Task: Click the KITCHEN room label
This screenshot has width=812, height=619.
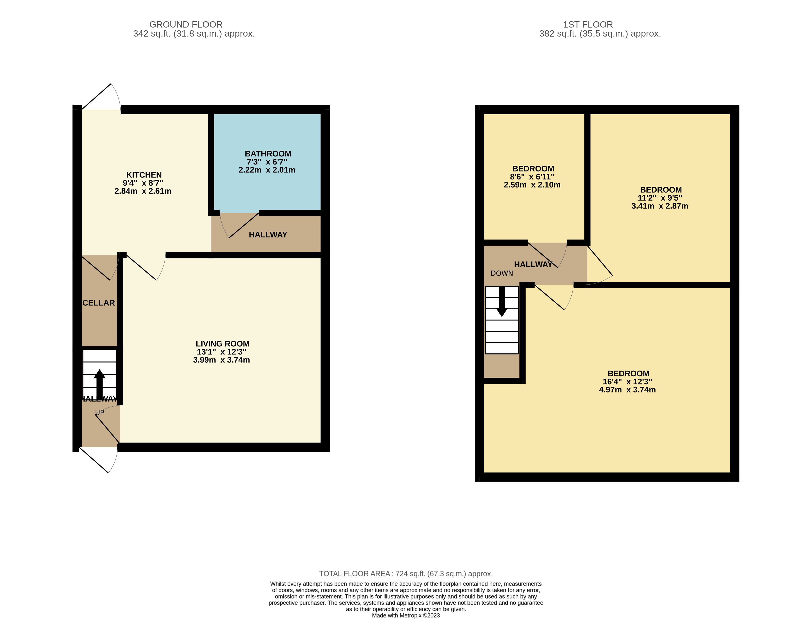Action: point(144,175)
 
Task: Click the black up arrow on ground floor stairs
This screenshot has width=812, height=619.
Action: point(100,384)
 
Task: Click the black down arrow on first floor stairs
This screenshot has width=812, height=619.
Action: point(502,301)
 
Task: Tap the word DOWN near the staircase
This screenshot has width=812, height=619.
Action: point(502,273)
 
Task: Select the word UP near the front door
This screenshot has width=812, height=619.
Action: point(100,413)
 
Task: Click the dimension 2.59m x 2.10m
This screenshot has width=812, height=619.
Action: point(532,185)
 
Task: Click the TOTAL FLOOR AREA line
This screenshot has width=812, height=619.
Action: point(406,574)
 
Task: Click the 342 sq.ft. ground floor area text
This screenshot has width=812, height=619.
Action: point(194,34)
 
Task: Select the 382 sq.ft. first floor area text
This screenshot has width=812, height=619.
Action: point(600,34)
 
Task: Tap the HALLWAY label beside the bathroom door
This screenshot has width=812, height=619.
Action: point(268,235)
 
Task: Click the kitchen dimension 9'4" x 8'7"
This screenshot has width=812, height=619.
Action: point(143,183)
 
